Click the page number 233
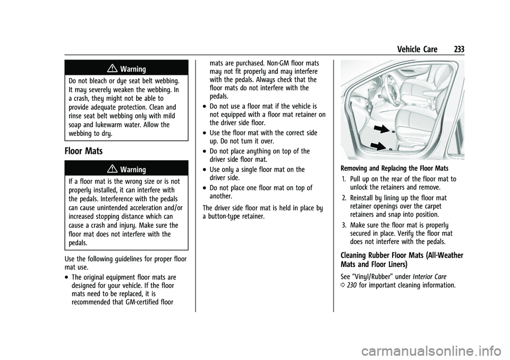460,49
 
